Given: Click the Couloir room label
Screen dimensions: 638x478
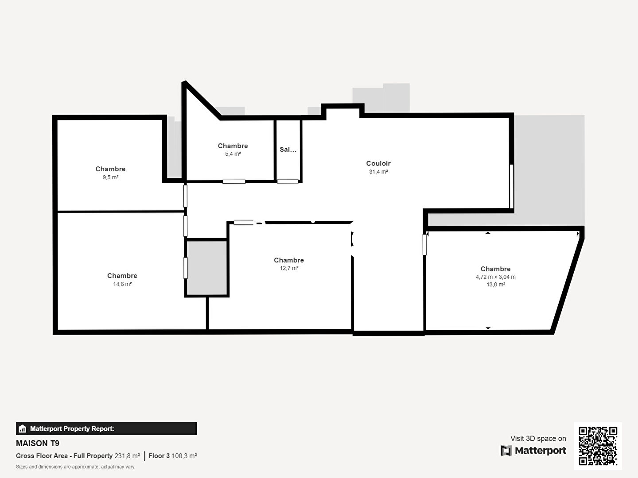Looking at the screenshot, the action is tap(378, 163).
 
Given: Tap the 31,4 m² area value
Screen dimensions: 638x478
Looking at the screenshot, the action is tap(378, 172).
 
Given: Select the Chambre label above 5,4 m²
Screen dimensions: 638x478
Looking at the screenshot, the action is tap(233, 146).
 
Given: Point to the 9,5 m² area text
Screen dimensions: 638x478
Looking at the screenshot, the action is tap(110, 177).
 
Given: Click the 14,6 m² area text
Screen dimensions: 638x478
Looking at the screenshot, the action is tap(122, 284).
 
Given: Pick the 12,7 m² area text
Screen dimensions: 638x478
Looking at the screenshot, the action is tap(289, 268).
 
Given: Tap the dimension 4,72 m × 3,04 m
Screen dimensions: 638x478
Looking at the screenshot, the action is tap(496, 277).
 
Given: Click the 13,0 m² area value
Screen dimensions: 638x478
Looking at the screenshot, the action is tap(496, 285).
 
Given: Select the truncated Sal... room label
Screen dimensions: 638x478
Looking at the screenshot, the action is tap(288, 150).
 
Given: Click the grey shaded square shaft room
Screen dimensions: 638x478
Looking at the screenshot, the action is tap(206, 268).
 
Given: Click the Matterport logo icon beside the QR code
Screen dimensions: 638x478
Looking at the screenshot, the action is tap(506, 451).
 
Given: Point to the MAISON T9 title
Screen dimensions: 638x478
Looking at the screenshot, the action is tap(38, 443).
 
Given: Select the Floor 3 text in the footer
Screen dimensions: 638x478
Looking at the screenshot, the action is tap(159, 456).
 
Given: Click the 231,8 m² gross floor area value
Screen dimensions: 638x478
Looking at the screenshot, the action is tap(127, 456).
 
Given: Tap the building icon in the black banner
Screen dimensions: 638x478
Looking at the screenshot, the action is tap(22, 429).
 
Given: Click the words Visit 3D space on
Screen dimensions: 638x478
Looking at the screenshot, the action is tap(538, 439).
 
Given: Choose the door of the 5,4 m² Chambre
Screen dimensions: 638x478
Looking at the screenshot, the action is tap(234, 181).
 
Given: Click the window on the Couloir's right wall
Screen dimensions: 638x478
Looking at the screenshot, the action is tap(512, 186).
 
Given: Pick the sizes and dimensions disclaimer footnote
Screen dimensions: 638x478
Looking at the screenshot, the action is tap(75, 466).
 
